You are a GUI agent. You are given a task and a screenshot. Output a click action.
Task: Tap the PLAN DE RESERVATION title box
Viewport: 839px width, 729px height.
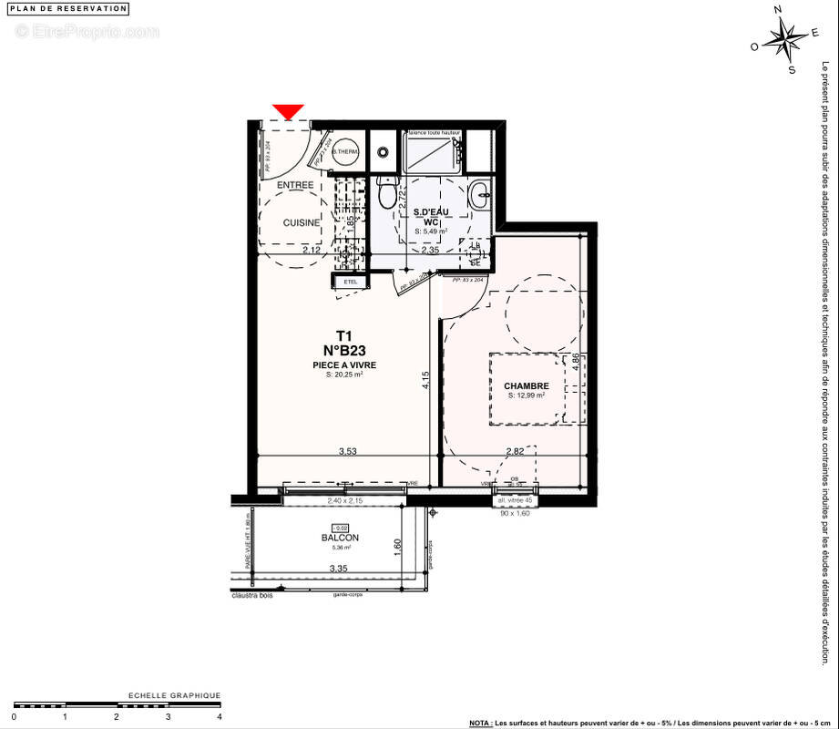[69, 8]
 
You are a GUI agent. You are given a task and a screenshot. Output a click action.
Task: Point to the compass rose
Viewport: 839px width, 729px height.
[784, 39]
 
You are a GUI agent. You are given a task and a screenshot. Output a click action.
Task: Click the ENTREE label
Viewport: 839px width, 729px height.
[295, 185]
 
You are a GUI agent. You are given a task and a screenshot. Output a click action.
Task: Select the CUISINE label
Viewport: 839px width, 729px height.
[301, 222]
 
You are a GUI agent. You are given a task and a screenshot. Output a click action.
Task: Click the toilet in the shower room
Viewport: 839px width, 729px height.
[389, 192]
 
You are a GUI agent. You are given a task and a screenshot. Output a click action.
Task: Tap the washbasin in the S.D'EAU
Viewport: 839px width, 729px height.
[480, 193]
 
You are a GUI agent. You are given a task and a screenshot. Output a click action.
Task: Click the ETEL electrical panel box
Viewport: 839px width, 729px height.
[351, 282]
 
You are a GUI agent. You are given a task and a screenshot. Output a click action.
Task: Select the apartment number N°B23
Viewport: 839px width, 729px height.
[343, 349]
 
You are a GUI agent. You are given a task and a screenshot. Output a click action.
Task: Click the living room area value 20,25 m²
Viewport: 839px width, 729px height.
[344, 375]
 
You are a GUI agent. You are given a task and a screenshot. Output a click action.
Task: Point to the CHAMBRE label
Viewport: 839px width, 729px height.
[527, 385]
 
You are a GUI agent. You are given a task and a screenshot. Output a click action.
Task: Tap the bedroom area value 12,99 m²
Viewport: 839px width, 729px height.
[527, 396]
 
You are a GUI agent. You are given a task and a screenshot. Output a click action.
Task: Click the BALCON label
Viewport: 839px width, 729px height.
[340, 538]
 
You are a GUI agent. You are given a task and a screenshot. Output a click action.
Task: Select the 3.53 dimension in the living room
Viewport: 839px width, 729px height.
[347, 451]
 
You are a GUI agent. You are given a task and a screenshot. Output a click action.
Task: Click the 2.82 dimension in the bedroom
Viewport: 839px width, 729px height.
[516, 451]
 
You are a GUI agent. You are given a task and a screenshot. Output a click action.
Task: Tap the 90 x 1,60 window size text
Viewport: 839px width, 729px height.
[515, 512]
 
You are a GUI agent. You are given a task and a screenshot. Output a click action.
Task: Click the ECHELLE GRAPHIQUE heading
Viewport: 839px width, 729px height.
[174, 695]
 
